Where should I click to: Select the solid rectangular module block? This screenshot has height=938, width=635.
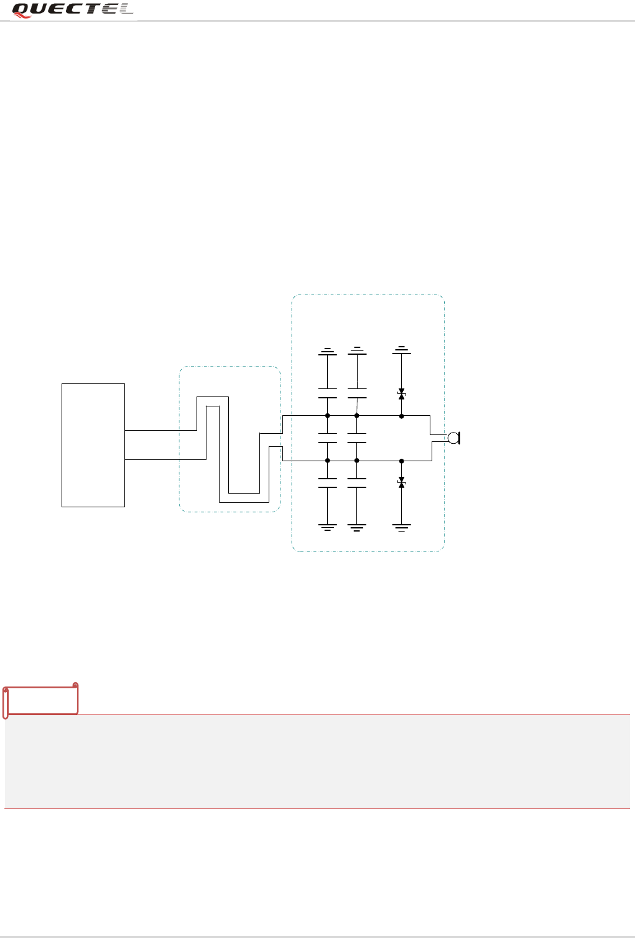pos(93,445)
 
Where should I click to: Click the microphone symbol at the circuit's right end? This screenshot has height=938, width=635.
pos(453,438)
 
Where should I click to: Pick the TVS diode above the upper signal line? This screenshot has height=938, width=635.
pos(402,394)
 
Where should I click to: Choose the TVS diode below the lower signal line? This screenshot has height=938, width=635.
pos(402,483)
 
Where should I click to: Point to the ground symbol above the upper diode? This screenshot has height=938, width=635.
pos(402,350)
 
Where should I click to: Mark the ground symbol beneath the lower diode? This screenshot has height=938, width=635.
pos(402,528)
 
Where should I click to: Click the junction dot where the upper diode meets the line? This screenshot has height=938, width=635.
pos(402,416)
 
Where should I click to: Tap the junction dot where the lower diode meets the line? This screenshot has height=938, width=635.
pos(402,461)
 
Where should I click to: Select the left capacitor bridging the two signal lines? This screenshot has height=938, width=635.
pos(327,438)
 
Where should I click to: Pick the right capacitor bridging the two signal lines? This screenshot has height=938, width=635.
pos(356,438)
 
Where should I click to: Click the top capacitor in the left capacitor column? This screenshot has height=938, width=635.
pos(327,393)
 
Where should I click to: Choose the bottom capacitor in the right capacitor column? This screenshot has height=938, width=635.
pos(356,483)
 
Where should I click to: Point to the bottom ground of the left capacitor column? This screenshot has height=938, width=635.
pos(327,528)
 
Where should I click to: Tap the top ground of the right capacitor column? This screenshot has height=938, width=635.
pos(356,350)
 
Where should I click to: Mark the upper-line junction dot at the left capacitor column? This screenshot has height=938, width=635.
pos(327,416)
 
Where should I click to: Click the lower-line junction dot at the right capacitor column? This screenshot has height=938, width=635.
pos(356,461)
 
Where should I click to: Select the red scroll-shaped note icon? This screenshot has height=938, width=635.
pos(40,700)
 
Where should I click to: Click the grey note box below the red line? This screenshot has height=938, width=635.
pos(317,762)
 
